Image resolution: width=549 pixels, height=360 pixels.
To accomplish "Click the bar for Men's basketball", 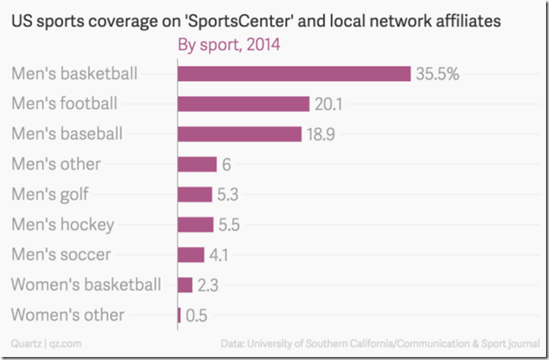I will [x=294, y=74].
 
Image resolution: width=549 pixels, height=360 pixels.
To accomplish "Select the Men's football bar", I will [x=243, y=104].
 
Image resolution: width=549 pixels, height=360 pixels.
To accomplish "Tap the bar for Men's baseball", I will [x=240, y=134].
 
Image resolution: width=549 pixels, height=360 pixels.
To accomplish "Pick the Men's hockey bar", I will [x=195, y=225].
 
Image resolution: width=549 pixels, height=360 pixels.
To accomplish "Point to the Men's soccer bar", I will [x=191, y=254].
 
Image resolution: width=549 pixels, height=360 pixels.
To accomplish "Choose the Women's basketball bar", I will [x=185, y=285].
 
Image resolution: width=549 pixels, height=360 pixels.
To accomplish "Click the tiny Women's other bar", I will [x=179, y=315].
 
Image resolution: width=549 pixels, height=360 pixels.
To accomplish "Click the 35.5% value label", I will [x=438, y=74].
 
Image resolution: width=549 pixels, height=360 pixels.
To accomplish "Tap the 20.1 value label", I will [x=327, y=104].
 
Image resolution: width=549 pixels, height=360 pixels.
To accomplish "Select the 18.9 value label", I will [x=321, y=134].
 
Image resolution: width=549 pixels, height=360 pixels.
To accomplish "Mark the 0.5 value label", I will [x=196, y=315].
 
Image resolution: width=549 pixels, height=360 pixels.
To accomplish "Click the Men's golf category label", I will [x=50, y=195].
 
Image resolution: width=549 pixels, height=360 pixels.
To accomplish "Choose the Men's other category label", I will [x=56, y=164].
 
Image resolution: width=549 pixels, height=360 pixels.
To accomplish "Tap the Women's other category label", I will [x=68, y=315].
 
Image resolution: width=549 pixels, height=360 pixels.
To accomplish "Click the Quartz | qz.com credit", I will [x=36, y=344].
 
